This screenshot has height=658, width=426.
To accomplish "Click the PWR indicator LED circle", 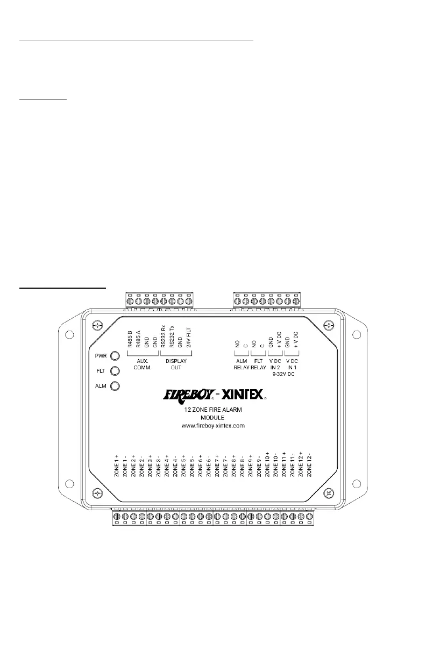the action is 114,356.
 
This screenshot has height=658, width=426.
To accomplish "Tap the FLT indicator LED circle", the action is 114,371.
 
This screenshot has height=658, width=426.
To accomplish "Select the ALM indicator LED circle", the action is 114,386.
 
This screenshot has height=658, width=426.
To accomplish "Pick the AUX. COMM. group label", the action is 143,364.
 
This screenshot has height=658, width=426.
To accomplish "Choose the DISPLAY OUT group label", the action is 175,364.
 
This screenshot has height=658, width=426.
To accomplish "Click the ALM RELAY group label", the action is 240,364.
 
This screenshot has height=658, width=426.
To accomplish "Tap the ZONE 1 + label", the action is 117,466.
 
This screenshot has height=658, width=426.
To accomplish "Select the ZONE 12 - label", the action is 309,466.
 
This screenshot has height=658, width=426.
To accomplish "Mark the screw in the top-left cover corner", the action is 97,325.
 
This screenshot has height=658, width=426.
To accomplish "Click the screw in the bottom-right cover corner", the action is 329,492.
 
